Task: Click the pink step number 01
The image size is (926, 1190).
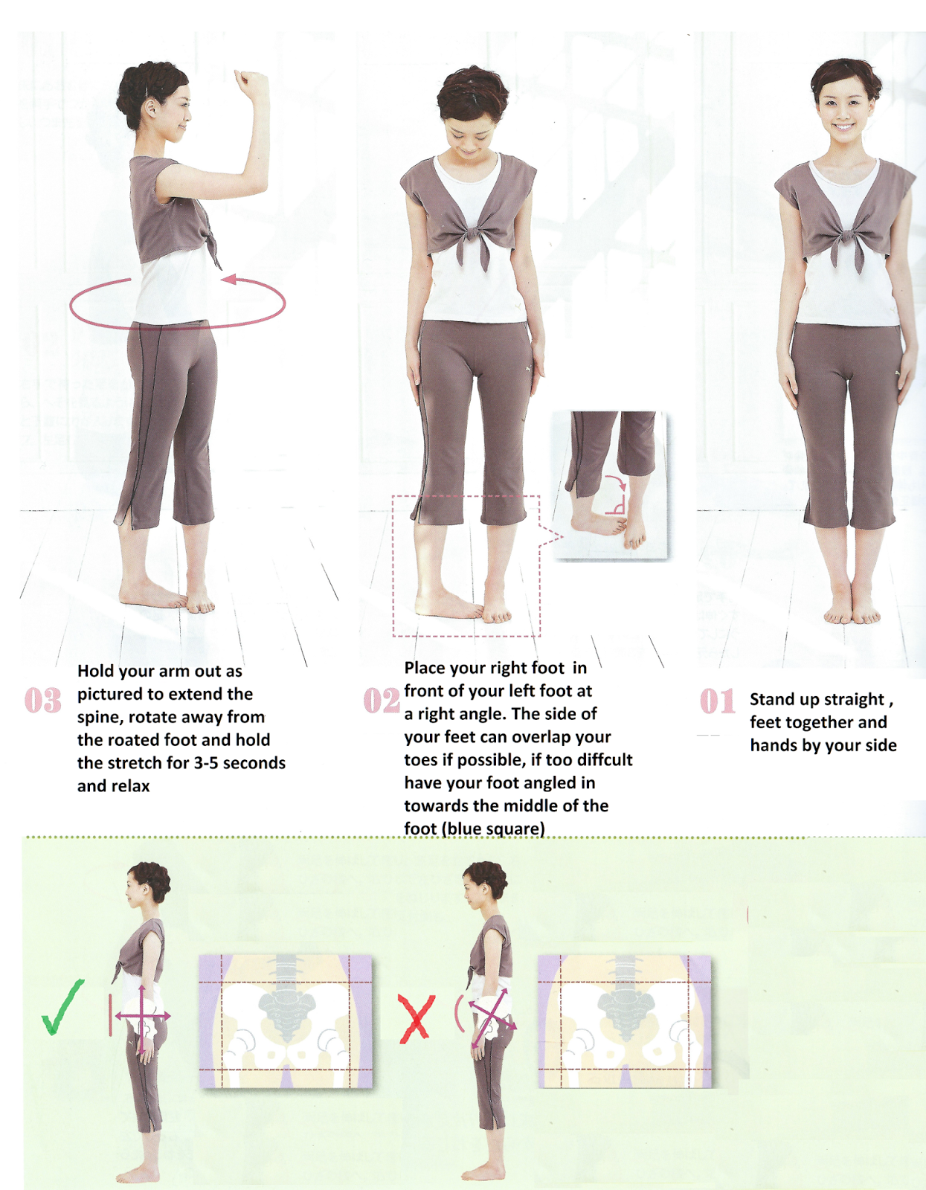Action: click(x=717, y=701)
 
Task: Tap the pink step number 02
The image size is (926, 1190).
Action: click(x=381, y=701)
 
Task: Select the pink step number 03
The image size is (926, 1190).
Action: click(x=43, y=701)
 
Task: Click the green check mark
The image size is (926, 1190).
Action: click(x=62, y=1007)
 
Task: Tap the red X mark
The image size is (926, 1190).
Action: click(x=417, y=1018)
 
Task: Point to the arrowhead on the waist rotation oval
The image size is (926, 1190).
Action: click(x=229, y=280)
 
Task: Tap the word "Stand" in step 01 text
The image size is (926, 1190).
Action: click(x=772, y=699)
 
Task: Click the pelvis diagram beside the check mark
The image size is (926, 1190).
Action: click(x=286, y=1022)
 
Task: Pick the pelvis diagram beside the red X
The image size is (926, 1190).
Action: click(x=624, y=1022)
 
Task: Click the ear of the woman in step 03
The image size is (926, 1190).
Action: click(x=152, y=109)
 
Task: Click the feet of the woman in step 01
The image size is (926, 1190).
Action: click(x=852, y=611)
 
